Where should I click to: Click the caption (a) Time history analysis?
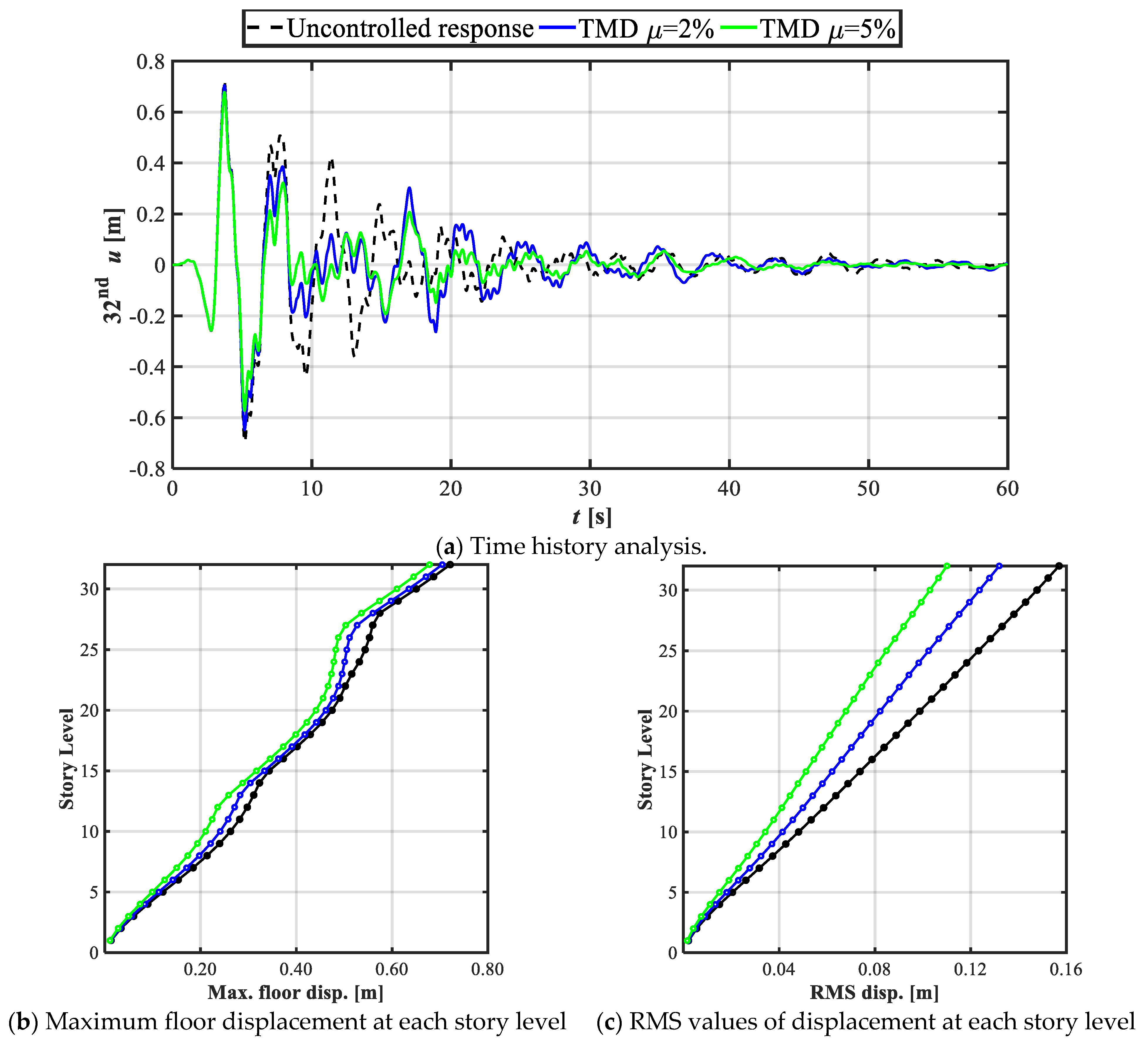tap(571, 547)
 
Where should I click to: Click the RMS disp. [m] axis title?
tap(874, 993)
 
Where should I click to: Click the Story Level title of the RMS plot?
tap(645, 759)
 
